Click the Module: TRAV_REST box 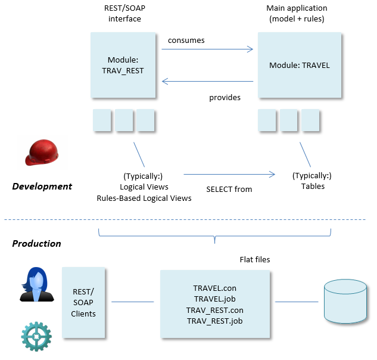[126, 65]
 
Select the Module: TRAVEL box [299, 65]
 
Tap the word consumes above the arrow [186, 41]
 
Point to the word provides [225, 97]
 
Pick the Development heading [42, 187]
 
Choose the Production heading [37, 243]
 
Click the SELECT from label [229, 189]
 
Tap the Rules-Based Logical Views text [144, 198]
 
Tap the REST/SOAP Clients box [83, 302]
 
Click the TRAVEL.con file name [215, 288]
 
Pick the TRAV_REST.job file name [215, 321]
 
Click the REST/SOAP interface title [124, 14]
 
